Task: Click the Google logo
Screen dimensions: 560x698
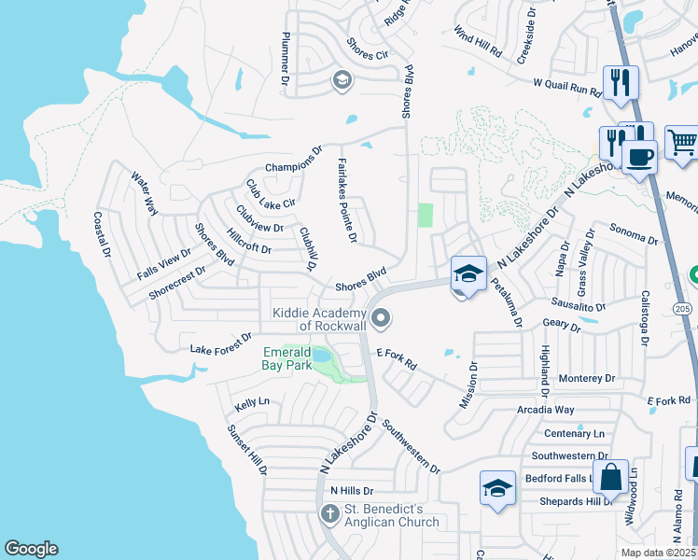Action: point(31,549)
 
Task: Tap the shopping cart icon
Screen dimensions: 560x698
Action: point(682,143)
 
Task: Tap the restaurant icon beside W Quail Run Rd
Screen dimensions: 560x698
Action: point(619,82)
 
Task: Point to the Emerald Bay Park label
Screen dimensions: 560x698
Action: point(286,358)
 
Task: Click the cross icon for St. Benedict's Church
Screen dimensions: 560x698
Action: point(329,513)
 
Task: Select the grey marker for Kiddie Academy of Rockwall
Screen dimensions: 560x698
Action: point(380,320)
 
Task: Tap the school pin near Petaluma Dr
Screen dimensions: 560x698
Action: point(468,273)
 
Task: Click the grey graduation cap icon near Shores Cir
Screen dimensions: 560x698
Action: point(341,81)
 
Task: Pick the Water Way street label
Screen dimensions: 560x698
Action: point(145,194)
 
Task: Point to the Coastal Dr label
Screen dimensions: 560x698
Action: point(102,234)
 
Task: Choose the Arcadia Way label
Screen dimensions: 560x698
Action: point(546,410)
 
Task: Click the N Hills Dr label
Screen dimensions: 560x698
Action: point(352,490)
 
